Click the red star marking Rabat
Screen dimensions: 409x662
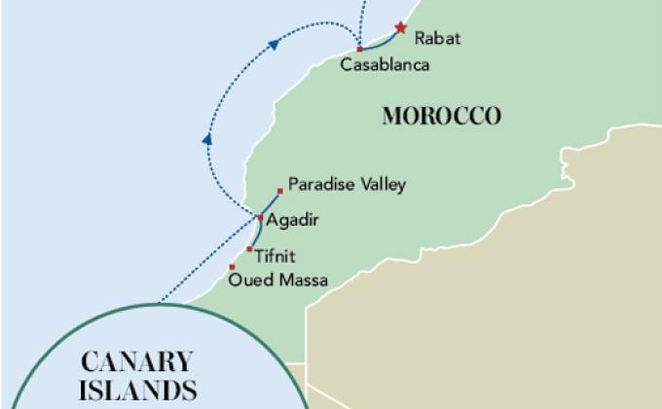point(398,30)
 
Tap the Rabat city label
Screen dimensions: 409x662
point(437,39)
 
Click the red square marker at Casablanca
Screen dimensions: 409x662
point(359,49)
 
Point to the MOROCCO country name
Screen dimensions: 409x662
point(442,117)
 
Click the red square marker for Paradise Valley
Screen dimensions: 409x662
point(280,190)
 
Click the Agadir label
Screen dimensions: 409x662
point(293,220)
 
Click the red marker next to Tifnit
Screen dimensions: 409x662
point(249,249)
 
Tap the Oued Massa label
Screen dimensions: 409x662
point(276,280)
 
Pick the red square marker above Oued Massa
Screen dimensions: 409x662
point(232,267)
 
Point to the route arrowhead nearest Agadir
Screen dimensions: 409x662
point(206,140)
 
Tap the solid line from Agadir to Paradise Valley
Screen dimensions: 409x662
point(270,204)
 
